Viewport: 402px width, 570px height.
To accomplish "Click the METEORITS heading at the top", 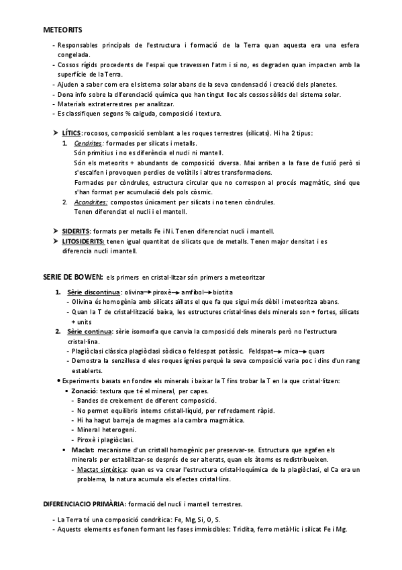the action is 62,30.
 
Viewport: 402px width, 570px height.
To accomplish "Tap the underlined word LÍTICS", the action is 72,134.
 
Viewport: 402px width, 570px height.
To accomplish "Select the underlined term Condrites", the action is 89,145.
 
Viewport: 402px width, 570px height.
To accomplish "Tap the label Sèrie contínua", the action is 91,332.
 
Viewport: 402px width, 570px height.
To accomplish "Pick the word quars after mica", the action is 316,352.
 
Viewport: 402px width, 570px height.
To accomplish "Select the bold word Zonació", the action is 89,391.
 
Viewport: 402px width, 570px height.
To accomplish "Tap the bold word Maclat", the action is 87,448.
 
